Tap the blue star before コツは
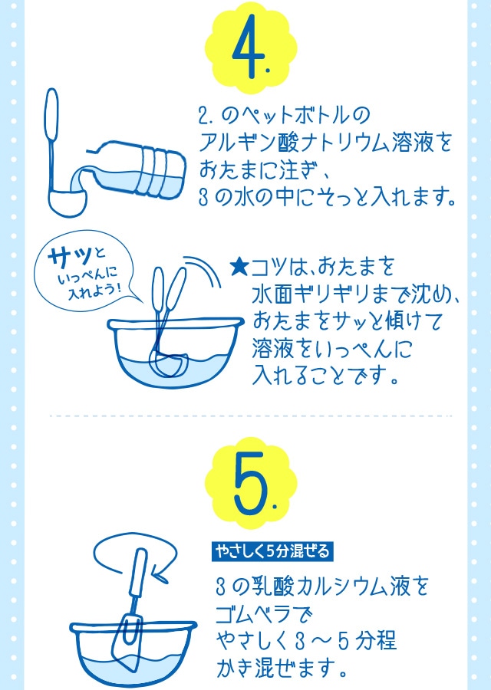tap(239, 268)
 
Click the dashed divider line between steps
tap(245, 417)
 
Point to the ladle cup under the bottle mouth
tap(64, 201)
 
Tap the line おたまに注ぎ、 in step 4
tap(265, 169)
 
